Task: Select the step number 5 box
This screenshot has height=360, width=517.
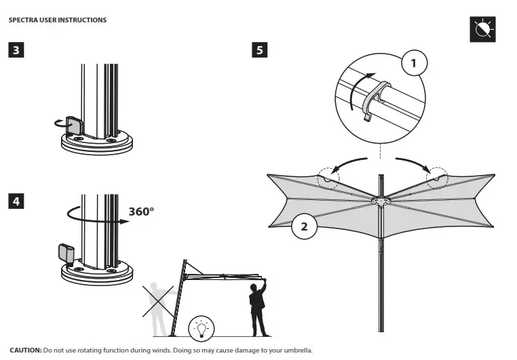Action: click(258, 50)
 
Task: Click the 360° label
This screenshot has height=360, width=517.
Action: click(141, 211)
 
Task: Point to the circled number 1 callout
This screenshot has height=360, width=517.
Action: click(414, 64)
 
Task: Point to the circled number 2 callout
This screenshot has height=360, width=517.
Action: click(304, 226)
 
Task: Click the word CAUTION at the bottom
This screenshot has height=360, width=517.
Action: click(25, 351)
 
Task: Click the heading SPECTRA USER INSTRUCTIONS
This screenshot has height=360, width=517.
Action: click(58, 20)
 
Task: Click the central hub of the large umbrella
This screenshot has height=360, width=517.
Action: click(381, 201)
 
